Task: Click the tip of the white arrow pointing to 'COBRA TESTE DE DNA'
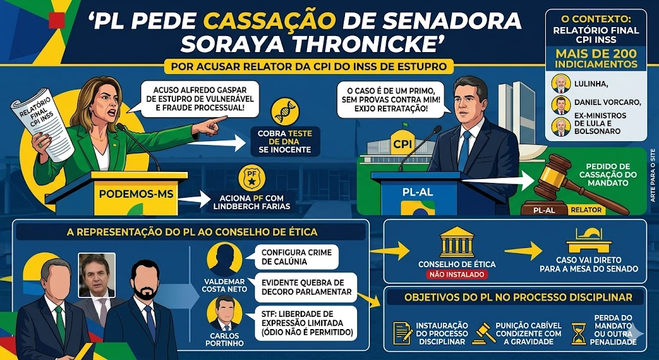point(246,143)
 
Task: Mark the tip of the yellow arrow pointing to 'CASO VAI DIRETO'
point(543,251)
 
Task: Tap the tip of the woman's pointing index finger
point(227,119)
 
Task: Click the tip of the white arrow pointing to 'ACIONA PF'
point(210,200)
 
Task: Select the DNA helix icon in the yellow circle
point(285,112)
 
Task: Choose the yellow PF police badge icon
point(252,178)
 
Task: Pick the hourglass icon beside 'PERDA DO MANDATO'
point(579,334)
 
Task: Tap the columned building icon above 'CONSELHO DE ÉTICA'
point(456,242)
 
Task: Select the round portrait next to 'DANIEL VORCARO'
point(561,105)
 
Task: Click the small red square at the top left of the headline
point(57,20)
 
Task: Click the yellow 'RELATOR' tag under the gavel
point(586,210)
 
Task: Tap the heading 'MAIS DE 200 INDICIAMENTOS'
point(596,59)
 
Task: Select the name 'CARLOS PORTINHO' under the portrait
point(225,339)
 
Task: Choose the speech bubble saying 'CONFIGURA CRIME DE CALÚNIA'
point(297,257)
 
